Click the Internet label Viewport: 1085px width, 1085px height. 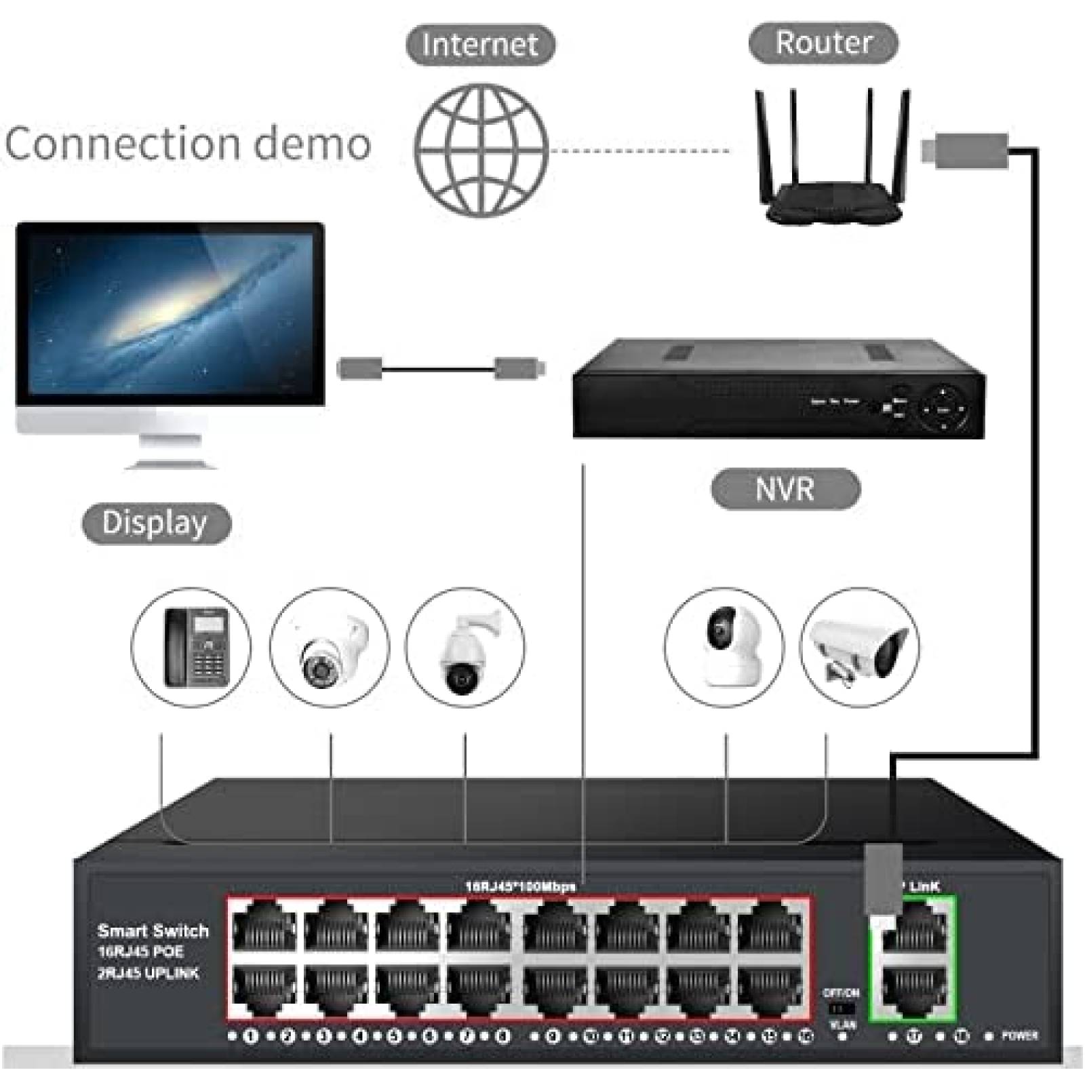coord(480,45)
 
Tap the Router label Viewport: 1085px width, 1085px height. coord(823,43)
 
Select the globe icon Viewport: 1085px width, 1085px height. coord(481,151)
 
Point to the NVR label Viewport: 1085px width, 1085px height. coord(785,489)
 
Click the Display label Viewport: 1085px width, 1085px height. coord(155,523)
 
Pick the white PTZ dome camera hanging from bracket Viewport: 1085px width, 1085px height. coord(466,651)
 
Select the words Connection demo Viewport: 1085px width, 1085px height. coord(188,144)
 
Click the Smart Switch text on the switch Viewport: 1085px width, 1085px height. coord(153,931)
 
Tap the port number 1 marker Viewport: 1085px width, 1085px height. coord(251,1036)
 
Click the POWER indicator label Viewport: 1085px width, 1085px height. coord(1019,1035)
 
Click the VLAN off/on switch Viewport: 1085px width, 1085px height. coord(841,1009)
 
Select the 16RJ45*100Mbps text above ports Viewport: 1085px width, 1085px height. coord(520,886)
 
